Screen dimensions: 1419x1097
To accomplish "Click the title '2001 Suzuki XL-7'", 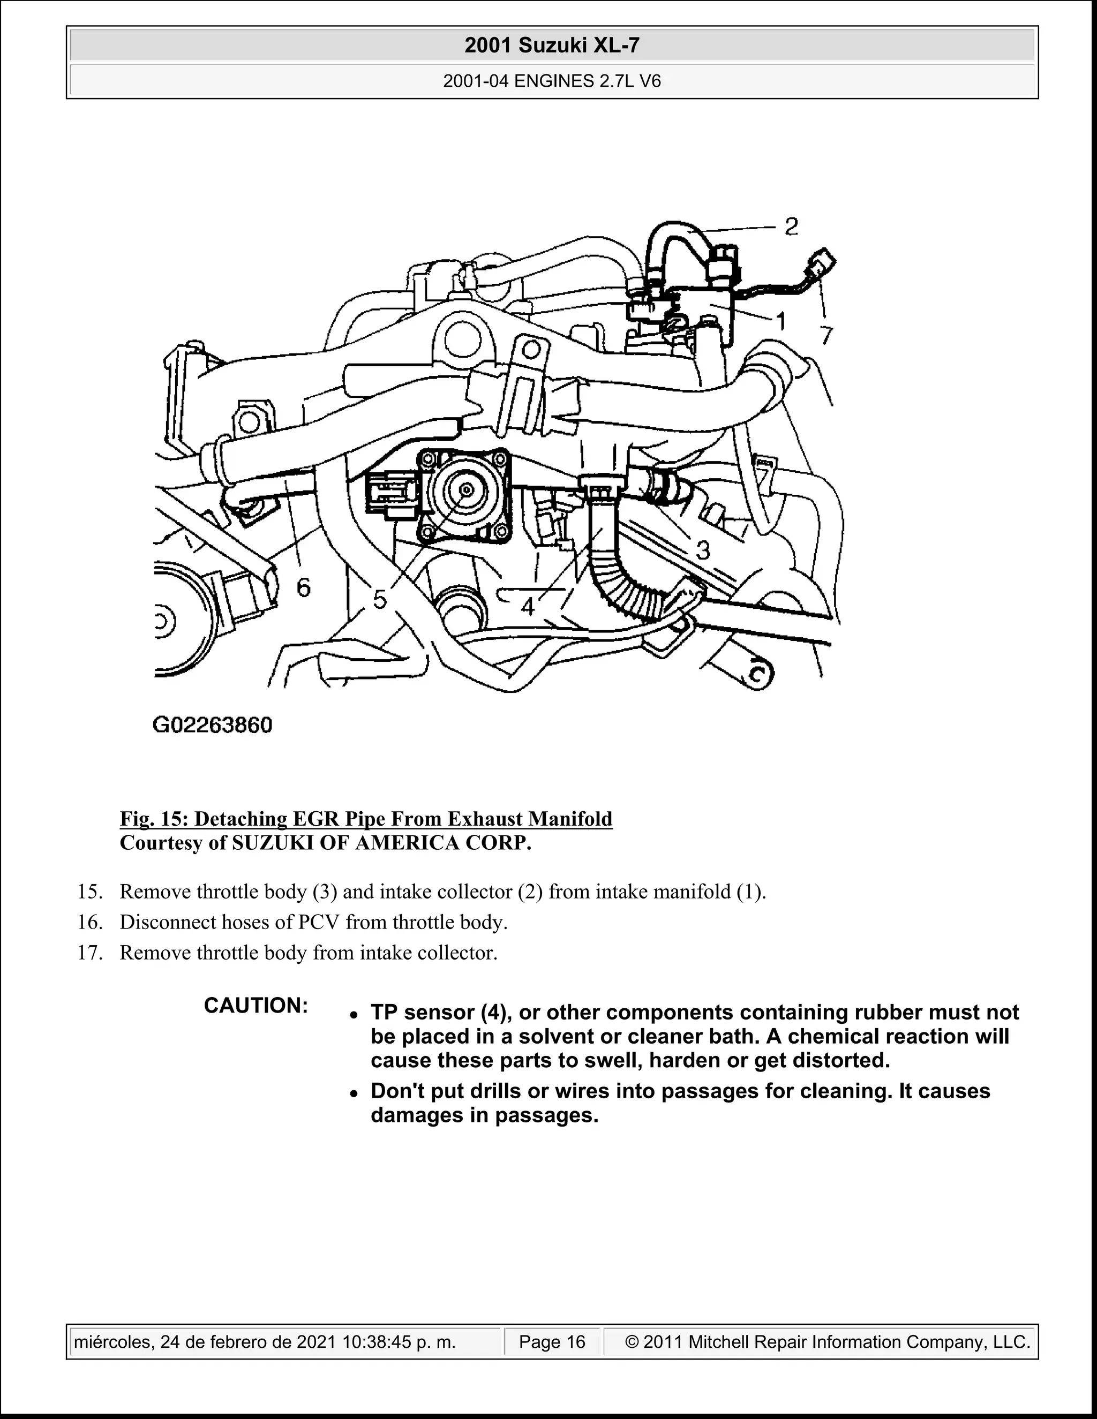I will (x=552, y=46).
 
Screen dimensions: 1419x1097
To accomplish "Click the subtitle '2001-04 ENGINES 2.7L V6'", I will (x=552, y=81).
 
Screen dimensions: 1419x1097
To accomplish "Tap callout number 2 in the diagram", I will (x=791, y=227).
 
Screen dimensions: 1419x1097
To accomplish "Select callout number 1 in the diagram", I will (x=781, y=320).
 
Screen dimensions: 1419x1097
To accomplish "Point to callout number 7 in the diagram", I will (x=825, y=335).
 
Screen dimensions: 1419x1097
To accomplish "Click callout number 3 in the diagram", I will (x=703, y=550).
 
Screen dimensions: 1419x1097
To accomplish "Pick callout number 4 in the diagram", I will (x=528, y=607).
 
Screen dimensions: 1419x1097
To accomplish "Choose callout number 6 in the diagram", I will (x=304, y=588).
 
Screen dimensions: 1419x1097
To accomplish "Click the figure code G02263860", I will (x=213, y=725).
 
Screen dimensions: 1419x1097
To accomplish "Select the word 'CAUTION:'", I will (x=256, y=1005).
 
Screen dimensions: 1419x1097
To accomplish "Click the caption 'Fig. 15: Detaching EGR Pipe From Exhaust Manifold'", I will (x=366, y=819).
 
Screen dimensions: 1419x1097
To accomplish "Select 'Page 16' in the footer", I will (x=552, y=1342).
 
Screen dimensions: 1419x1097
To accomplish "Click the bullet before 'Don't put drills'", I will (x=354, y=1094).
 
